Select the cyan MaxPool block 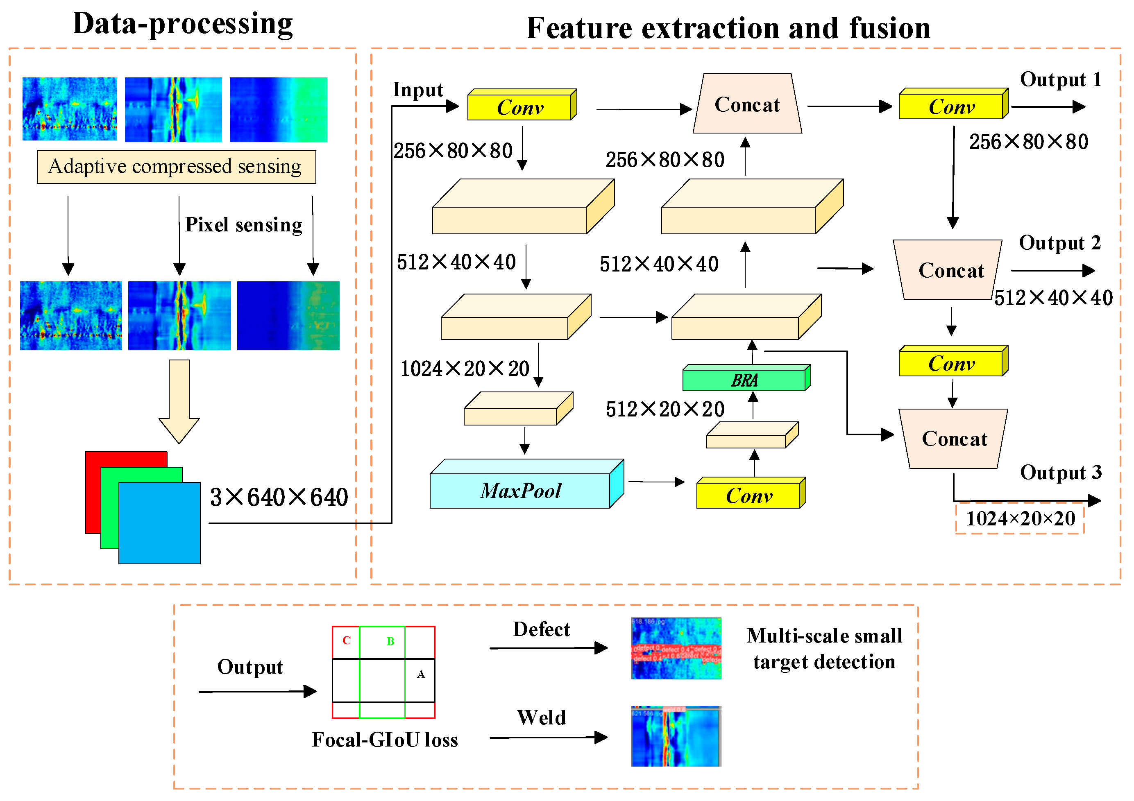(521, 490)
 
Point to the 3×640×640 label (279, 497)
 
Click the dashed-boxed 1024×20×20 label (1020, 518)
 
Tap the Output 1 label (1060, 79)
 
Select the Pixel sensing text (243, 225)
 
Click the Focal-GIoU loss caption (384, 740)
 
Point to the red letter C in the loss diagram (346, 640)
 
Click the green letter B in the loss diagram (390, 641)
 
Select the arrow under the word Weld (548, 737)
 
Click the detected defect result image (676, 648)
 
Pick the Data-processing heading (183, 24)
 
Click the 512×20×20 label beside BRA (665, 409)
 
